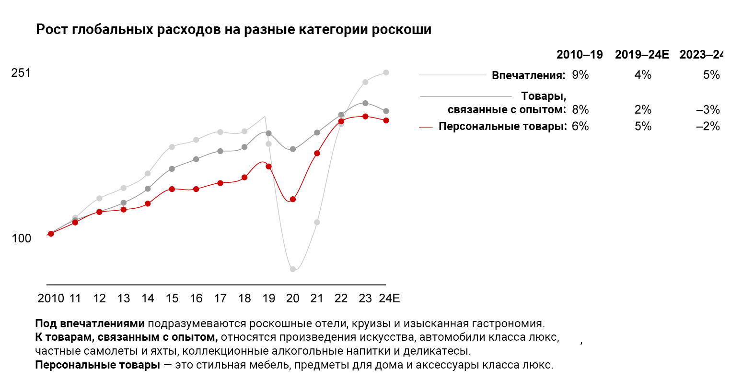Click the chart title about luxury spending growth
coord(233,30)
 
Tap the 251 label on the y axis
coord(21,73)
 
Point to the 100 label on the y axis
coord(21,239)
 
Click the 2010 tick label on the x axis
coord(51,298)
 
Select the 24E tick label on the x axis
coord(389,298)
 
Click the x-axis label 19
coord(268,298)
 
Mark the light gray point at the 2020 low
coord(293,269)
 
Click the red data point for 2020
coord(293,199)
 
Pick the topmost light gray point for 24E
coord(386,72)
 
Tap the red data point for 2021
coord(317,153)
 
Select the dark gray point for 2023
coord(365,103)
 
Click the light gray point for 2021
coord(317,222)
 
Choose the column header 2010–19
coord(580,55)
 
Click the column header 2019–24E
coord(642,55)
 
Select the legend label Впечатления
coord(528,75)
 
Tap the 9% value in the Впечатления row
coord(580,75)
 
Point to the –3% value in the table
coord(708,110)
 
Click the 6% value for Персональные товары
coord(580,126)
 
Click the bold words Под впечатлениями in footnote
coord(90,323)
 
